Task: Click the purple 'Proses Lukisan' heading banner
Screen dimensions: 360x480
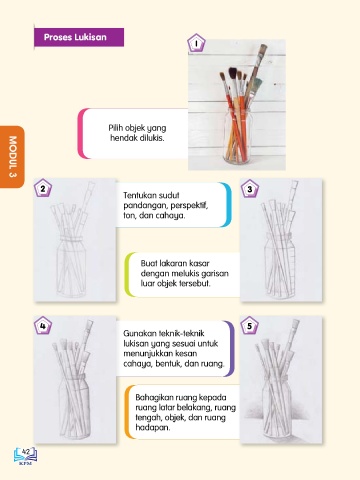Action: point(79,37)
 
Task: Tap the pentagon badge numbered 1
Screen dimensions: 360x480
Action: point(196,43)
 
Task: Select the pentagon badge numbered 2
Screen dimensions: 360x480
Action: point(43,188)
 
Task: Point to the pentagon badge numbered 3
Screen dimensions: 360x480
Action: point(250,188)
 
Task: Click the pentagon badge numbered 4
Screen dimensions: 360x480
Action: point(43,325)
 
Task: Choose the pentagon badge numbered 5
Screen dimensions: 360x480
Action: point(250,326)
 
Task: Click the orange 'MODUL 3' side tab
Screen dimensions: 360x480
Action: point(12,157)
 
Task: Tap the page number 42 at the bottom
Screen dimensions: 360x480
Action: point(26,452)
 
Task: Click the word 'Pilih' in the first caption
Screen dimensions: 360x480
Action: point(116,128)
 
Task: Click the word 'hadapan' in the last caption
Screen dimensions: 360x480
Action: point(153,427)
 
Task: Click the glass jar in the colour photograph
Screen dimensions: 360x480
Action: point(237,136)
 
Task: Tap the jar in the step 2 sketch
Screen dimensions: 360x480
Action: point(72,267)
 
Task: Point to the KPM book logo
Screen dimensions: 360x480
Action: point(26,456)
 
